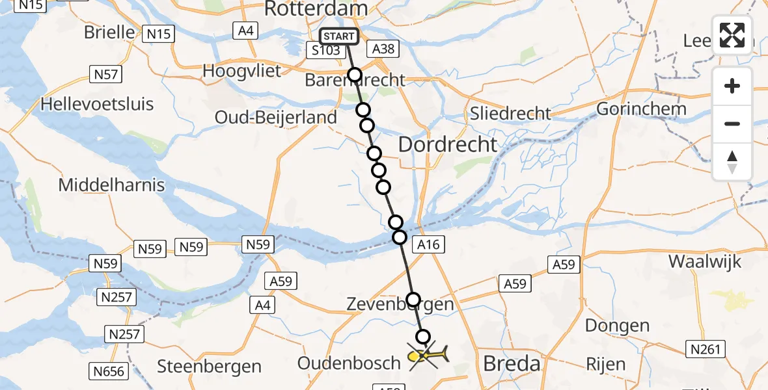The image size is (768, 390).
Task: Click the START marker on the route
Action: pos(339,36)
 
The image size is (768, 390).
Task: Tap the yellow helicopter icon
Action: pos(428,356)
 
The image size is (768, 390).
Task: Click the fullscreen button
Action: pos(732,35)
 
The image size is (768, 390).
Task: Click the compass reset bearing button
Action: pos(732,162)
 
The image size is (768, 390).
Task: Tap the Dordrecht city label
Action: pos(447,144)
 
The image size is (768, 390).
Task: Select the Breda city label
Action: pos(512,363)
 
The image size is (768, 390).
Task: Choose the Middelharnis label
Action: pos(111,185)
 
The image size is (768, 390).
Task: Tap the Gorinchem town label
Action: pos(641,109)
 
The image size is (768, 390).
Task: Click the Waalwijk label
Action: pos(705,262)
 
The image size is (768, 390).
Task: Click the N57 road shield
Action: pos(106,74)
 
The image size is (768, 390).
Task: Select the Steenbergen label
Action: pos(209,367)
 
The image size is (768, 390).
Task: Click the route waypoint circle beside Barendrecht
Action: pos(354,75)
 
